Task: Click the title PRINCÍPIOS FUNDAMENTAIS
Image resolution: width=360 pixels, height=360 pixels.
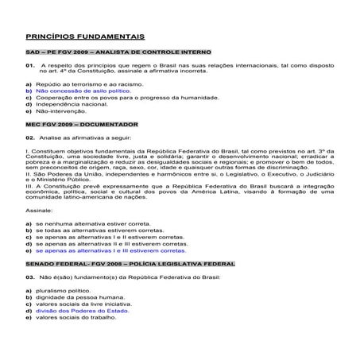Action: [x=85, y=37]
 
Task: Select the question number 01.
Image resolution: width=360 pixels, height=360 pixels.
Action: [x=29, y=65]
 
